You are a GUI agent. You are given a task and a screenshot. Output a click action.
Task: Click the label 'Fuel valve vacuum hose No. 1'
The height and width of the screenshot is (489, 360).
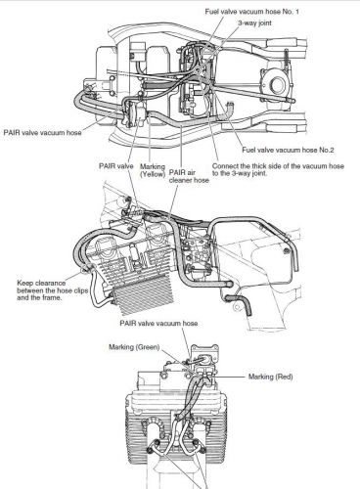251,12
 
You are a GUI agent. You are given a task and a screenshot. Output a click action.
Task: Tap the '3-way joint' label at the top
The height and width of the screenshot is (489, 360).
254,22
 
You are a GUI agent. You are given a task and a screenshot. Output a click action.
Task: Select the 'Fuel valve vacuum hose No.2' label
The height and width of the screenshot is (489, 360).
288,150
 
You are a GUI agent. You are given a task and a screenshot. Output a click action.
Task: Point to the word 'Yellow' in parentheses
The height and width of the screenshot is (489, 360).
153,174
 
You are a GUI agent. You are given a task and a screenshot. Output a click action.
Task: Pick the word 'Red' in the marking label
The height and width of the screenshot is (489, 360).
284,377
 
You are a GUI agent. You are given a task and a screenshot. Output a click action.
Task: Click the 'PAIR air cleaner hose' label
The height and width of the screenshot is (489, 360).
189,176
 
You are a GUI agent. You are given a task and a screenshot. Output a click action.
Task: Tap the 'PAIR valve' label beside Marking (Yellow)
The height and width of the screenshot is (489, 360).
116,166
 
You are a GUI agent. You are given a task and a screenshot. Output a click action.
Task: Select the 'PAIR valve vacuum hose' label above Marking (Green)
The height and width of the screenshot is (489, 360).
158,324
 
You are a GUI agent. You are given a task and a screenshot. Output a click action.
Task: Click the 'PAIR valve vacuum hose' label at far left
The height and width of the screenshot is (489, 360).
42,133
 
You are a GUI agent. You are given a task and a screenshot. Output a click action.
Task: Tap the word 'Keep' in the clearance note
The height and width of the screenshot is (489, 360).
24,283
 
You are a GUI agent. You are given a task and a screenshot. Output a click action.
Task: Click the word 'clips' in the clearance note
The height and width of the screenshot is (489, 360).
80,290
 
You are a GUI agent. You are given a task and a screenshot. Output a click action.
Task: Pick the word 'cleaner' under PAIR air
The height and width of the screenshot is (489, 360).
180,180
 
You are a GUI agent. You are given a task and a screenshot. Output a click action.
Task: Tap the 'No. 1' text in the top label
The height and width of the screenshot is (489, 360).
292,12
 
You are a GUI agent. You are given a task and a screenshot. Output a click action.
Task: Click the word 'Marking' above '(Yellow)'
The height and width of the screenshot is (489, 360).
153,167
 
